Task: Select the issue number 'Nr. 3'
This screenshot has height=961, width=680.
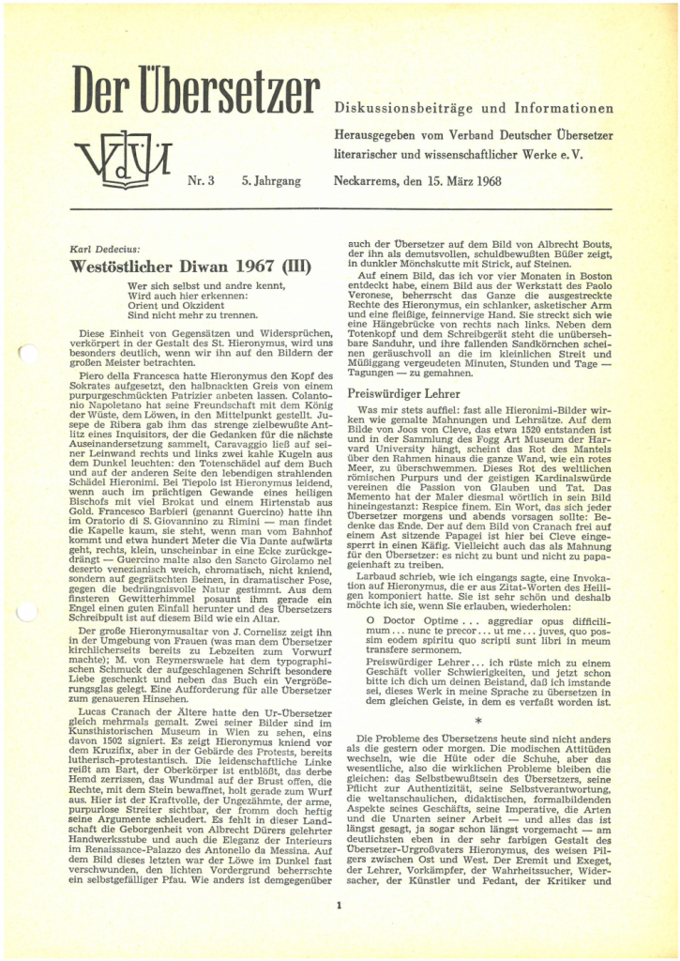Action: [x=202, y=178]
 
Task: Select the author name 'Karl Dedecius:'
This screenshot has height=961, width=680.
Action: [x=104, y=249]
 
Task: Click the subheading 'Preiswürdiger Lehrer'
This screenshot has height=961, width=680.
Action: [x=404, y=394]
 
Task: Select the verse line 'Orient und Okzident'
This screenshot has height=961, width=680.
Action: [x=174, y=304]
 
